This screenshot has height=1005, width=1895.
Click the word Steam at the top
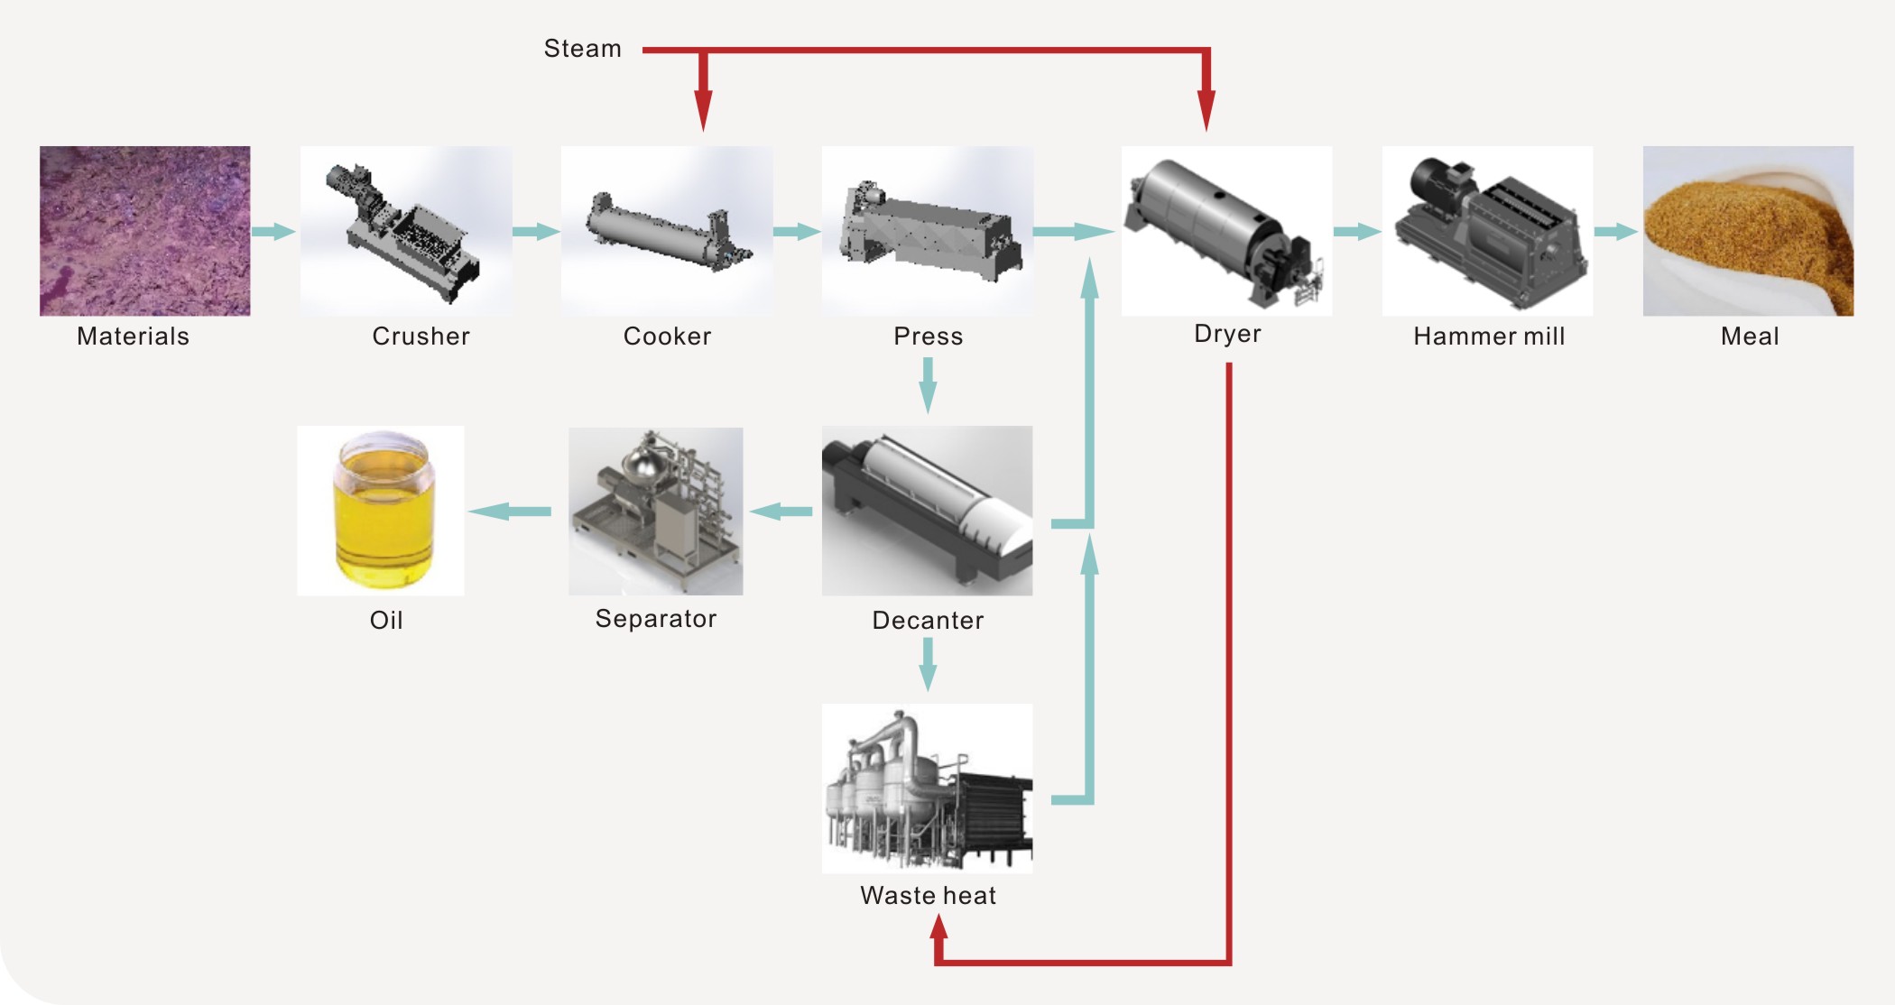582,49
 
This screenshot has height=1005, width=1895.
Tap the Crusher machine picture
406,231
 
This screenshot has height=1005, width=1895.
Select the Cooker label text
667,337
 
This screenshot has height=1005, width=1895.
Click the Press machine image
928,231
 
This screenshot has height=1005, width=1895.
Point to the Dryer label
1227,334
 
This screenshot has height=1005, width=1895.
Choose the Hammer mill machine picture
1487,231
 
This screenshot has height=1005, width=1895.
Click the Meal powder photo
1748,231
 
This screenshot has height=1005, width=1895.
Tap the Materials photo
144,231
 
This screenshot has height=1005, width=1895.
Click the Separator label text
656,619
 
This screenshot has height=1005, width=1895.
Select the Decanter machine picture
927,511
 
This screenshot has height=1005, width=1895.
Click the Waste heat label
928,896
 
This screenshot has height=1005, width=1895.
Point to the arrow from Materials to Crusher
273,232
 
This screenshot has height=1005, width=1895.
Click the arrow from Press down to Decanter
928,385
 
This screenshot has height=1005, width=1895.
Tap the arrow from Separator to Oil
510,512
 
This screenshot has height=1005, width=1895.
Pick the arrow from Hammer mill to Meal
1616,232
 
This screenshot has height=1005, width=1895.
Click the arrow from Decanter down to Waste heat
928,665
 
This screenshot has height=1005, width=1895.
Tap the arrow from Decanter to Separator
781,512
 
